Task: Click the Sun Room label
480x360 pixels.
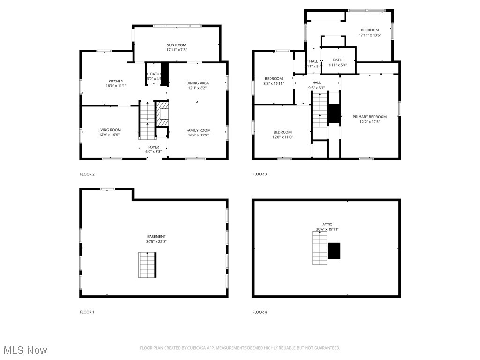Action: pos(176,45)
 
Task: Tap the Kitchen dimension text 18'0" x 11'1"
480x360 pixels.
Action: pos(116,86)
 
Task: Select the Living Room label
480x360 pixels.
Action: pos(109,130)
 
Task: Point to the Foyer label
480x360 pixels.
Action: pos(153,147)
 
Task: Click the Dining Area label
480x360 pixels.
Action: pos(197,83)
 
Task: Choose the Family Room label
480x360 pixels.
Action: pos(198,130)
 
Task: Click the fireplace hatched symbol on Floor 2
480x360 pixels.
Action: pos(162,114)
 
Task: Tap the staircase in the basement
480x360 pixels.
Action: pos(147,264)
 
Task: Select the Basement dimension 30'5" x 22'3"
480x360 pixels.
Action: pos(156,241)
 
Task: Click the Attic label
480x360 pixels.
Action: pos(327,225)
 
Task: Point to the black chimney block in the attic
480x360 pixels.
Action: pos(334,251)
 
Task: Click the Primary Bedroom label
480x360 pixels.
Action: pos(369,117)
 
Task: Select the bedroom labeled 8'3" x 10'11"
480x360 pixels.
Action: pos(274,79)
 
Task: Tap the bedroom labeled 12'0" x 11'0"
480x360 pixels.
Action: pos(282,132)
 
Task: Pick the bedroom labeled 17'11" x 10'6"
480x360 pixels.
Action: pos(369,30)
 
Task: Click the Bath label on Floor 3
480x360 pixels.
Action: pos(337,60)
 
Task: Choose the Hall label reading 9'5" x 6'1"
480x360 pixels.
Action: pos(317,82)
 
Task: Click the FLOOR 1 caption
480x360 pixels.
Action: pos(87,312)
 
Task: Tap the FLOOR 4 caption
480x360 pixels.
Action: pos(260,312)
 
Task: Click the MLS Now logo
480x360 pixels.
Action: pos(25,350)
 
